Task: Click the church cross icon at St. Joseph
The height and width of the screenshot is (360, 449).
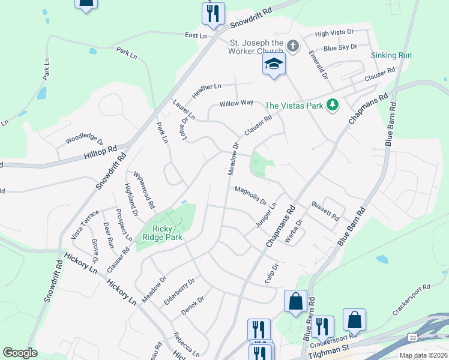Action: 293,46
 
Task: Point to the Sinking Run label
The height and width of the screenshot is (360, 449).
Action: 391,55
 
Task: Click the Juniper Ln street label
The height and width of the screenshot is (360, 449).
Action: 266,214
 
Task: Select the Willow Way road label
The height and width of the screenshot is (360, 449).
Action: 236,103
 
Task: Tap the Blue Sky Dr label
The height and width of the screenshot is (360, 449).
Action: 340,47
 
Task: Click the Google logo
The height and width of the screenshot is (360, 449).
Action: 20,353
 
